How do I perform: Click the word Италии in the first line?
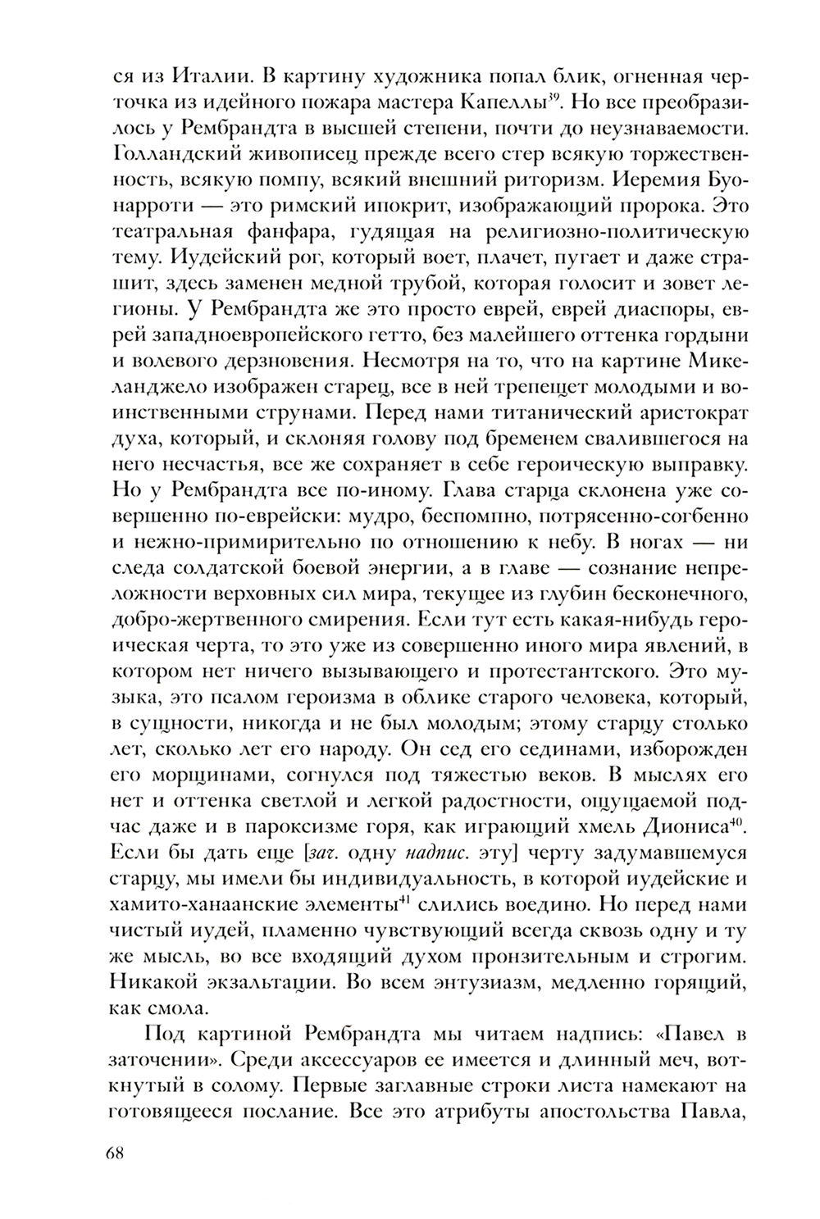(x=205, y=79)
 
